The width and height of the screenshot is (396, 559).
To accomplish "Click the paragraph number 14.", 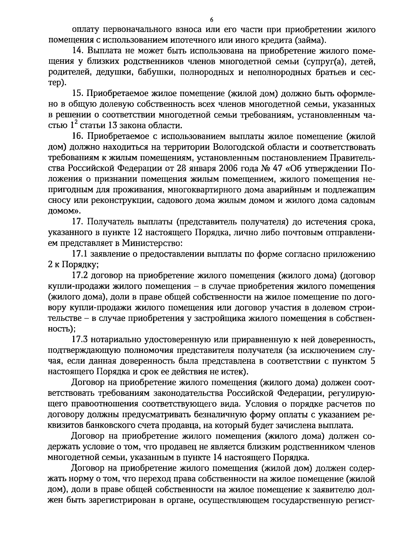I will pos(77,51).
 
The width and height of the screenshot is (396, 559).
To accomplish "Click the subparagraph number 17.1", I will pos(80,254).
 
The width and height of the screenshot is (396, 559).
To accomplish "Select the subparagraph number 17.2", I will pos(80,275).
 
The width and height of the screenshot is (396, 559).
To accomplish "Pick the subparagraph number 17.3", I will pos(80,339).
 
